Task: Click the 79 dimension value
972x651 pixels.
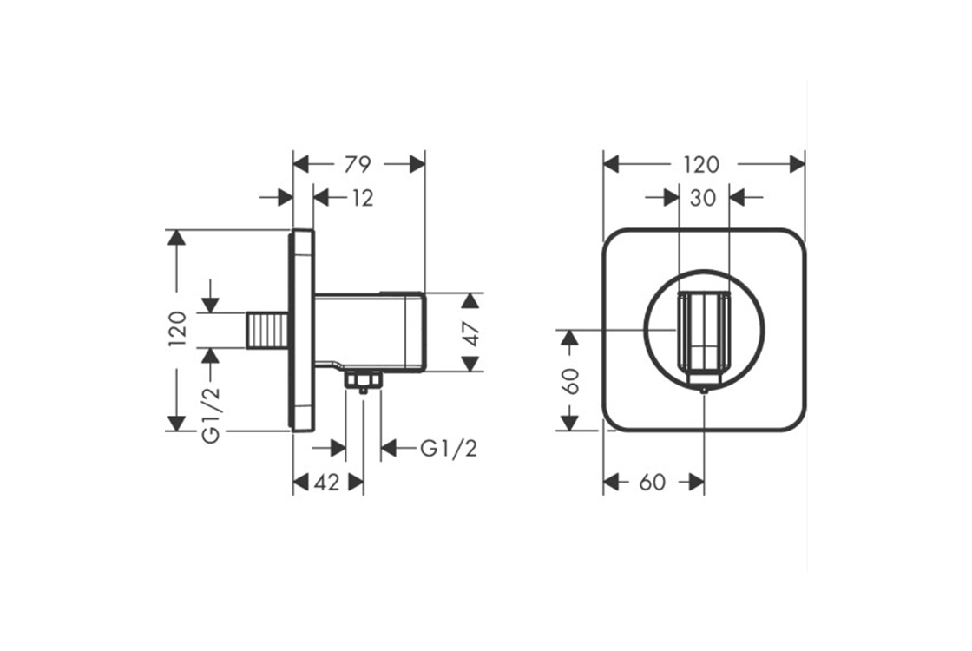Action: point(358,163)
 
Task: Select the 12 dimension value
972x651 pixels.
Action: point(363,198)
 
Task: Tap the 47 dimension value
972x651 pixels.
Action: point(470,332)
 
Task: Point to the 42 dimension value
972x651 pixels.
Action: point(326,483)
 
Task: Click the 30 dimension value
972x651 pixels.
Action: point(702,198)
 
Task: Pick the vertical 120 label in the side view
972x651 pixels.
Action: point(177,329)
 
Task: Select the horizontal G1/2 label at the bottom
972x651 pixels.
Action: point(449,448)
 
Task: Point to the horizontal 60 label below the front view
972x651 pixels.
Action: point(652,483)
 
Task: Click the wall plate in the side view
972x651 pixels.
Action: point(303,330)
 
